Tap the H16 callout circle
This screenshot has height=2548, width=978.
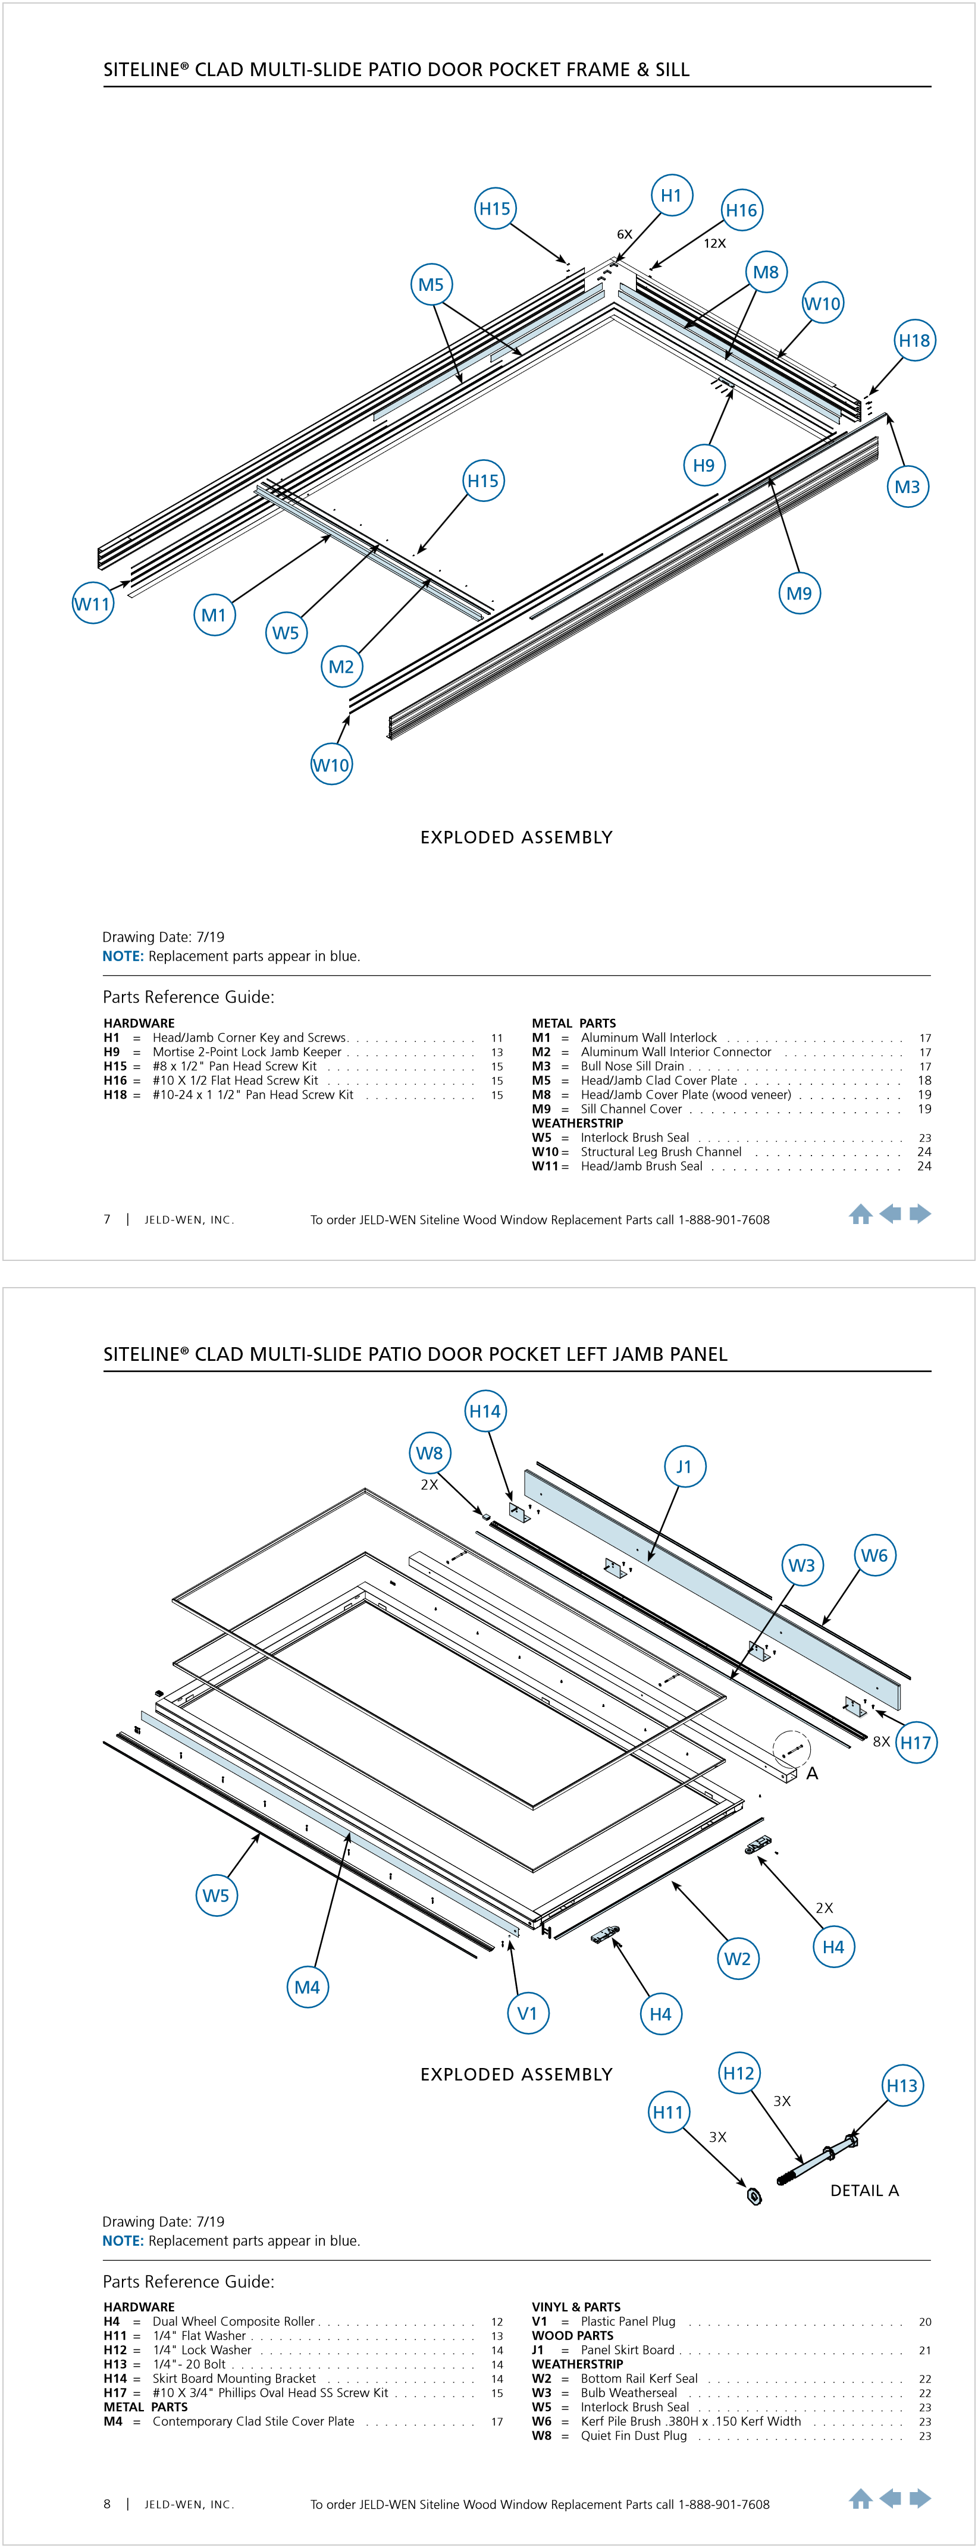point(742,211)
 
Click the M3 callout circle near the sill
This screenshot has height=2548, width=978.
point(907,487)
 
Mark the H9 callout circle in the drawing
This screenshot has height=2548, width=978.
point(704,466)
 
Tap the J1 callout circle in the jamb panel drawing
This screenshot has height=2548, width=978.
point(684,1467)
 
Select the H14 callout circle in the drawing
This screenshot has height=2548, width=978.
point(485,1411)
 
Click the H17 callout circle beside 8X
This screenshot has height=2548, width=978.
point(916,1743)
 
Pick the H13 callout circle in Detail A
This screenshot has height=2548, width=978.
point(902,2086)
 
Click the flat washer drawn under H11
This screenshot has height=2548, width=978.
point(754,2197)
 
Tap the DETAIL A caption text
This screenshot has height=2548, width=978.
point(864,2191)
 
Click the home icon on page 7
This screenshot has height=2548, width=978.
point(860,1215)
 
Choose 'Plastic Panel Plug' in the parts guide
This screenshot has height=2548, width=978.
point(628,2321)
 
